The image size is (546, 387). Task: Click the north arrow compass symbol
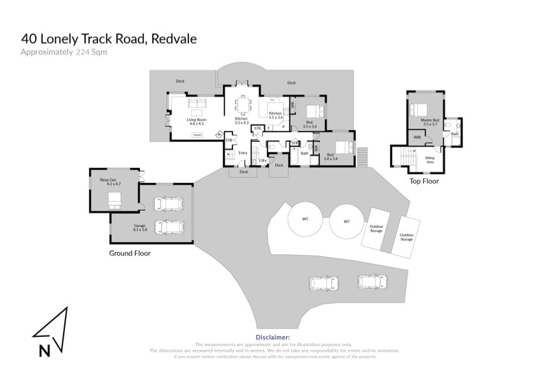[51, 332]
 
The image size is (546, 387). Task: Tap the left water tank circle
[304, 219]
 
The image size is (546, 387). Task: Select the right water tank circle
[346, 222]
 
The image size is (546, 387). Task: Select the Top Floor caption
[424, 181]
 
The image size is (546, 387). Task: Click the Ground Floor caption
[129, 253]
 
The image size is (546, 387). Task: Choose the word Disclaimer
[273, 338]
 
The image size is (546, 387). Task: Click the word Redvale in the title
[175, 39]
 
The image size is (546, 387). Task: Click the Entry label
[243, 153]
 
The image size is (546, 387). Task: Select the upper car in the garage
[168, 204]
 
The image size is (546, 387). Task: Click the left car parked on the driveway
[323, 284]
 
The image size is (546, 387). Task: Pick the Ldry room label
[263, 160]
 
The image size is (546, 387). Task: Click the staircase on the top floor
[407, 158]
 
